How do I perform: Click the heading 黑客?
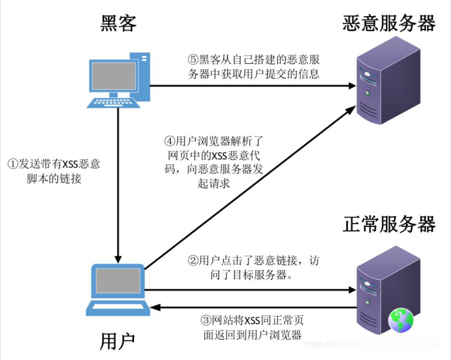click(118, 23)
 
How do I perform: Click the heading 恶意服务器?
click(389, 23)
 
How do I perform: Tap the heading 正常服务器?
click(389, 224)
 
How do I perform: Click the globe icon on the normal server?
click(401, 321)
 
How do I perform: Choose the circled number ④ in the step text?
click(169, 141)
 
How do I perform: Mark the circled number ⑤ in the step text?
click(193, 60)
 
